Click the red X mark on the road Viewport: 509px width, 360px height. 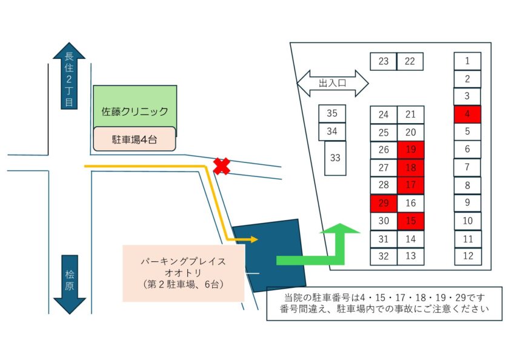tap(222, 166)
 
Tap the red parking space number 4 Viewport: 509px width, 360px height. tap(467, 114)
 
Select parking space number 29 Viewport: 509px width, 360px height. tap(384, 203)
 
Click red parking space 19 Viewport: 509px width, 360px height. tap(411, 150)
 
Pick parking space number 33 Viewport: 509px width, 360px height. tap(335, 158)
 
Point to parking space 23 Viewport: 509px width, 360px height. tap(383, 61)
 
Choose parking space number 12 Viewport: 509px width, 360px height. tap(467, 256)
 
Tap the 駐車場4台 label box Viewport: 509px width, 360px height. tap(135, 139)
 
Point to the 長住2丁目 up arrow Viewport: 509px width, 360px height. tap(69, 76)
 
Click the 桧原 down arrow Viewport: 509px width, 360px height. tap(69, 284)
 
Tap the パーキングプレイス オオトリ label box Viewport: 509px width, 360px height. tap(183, 273)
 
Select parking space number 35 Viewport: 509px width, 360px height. tap(332, 113)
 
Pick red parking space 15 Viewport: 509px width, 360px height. tap(411, 221)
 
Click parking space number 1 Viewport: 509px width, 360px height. tap(467, 61)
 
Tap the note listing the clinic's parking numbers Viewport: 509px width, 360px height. tap(384, 304)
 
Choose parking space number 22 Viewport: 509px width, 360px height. tap(410, 61)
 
